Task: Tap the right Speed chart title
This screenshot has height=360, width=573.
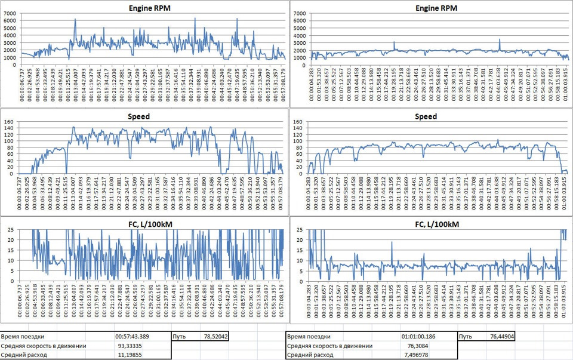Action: pyautogui.click(x=432, y=116)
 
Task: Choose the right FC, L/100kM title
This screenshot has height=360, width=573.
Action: pyautogui.click(x=432, y=224)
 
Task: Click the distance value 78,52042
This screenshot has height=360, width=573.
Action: pyautogui.click(x=215, y=337)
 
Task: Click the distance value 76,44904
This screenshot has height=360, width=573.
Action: pyautogui.click(x=500, y=337)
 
